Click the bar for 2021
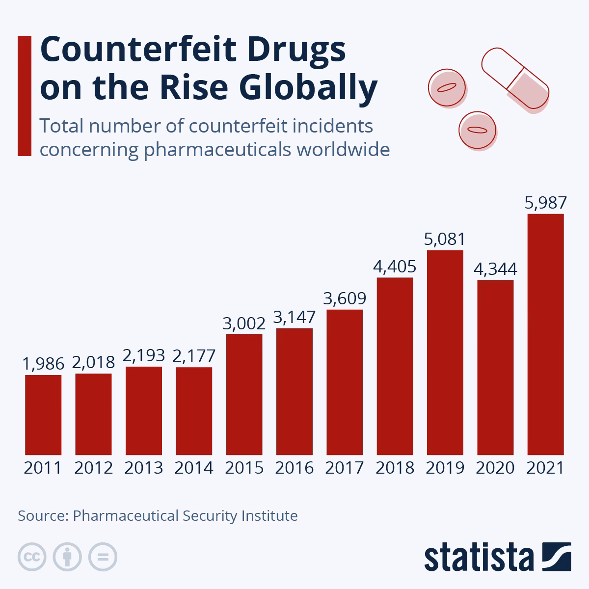(x=545, y=334)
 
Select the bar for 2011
(x=43, y=415)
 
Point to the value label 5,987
(x=545, y=203)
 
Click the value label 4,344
(x=495, y=269)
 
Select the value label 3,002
(x=244, y=323)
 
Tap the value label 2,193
(x=143, y=356)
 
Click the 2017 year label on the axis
(x=345, y=468)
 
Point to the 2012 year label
(x=93, y=468)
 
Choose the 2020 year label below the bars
(x=495, y=468)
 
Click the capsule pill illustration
(x=514, y=80)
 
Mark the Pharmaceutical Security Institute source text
(x=185, y=516)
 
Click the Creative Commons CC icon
(x=32, y=557)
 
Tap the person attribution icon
(x=67, y=557)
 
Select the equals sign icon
(x=103, y=557)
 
